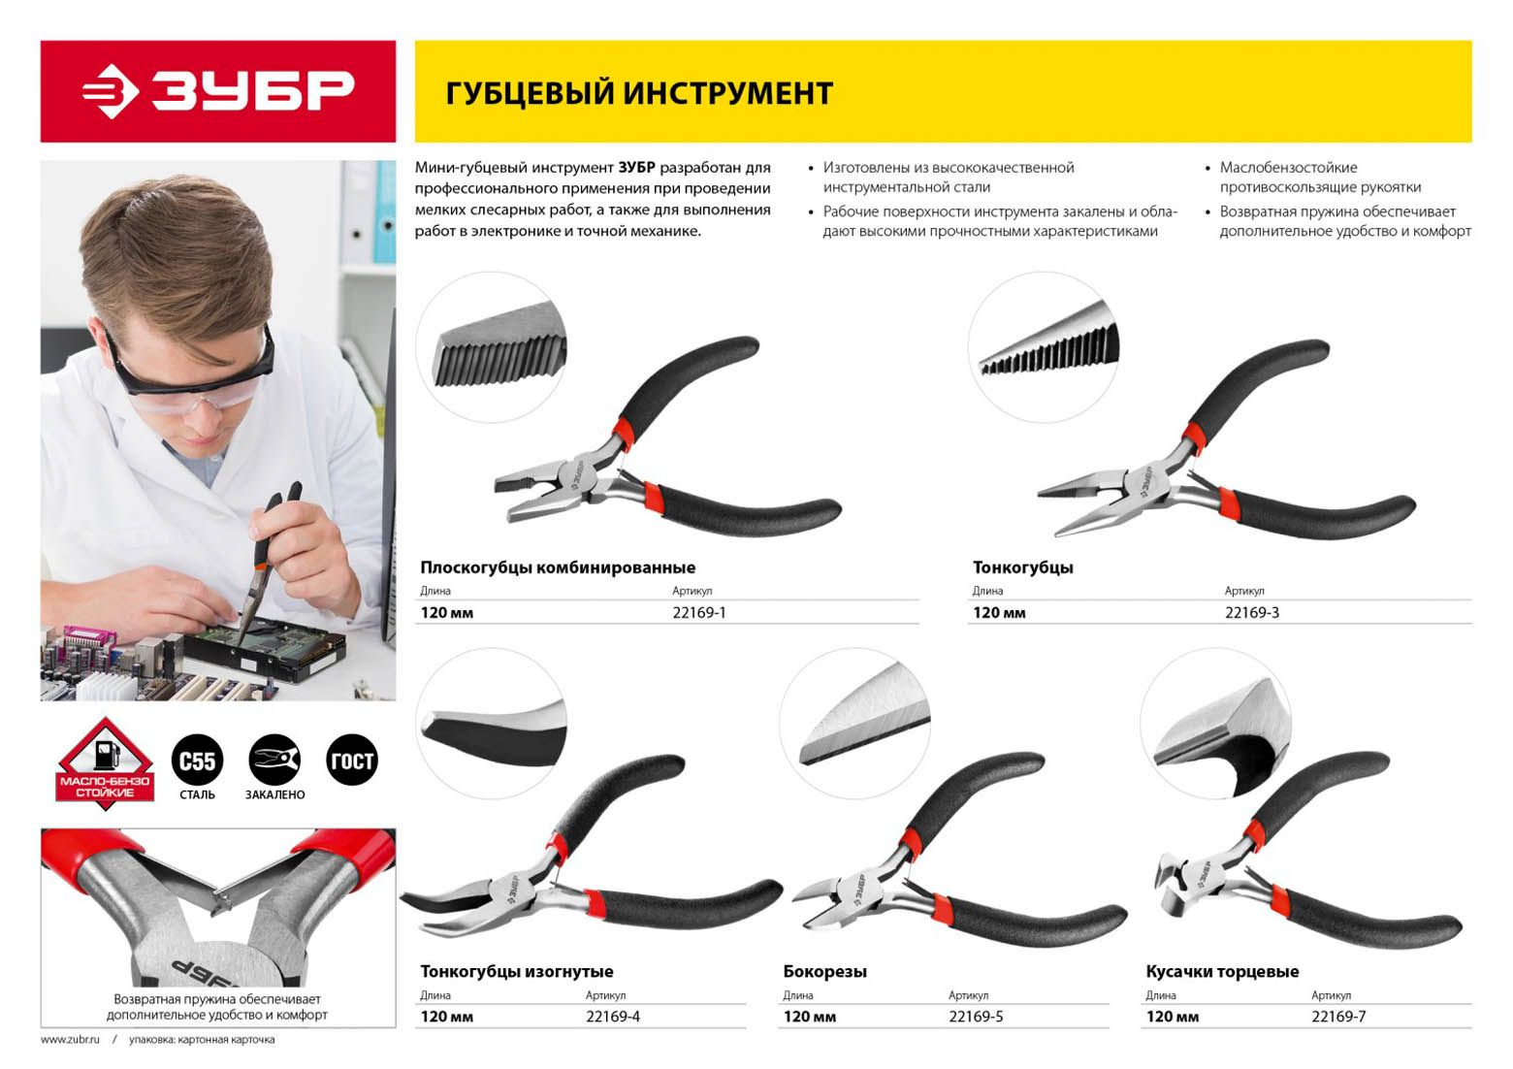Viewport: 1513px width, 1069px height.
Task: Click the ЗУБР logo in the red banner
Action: tap(217, 91)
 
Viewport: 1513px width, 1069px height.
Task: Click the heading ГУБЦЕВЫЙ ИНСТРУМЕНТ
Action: tap(639, 93)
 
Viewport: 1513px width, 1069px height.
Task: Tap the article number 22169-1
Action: tap(699, 613)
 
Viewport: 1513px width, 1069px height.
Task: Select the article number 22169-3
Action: tap(1251, 613)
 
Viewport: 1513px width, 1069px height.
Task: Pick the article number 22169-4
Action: tap(613, 1017)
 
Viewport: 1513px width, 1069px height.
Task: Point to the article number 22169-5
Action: tap(976, 1017)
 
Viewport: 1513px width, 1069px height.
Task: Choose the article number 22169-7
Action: tap(1338, 1017)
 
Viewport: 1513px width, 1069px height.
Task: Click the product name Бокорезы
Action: tap(824, 972)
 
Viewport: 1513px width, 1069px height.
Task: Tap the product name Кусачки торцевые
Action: tap(1222, 972)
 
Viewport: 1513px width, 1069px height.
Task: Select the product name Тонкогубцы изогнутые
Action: tap(517, 972)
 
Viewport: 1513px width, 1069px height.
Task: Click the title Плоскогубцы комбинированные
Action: tap(558, 567)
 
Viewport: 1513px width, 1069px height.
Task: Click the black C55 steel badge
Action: tap(197, 760)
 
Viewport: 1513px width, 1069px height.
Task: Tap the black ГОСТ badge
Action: tap(352, 760)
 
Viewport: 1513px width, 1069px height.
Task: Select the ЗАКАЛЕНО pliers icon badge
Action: tap(274, 760)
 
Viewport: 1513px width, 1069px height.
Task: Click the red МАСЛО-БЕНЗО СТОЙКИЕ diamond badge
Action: tap(105, 763)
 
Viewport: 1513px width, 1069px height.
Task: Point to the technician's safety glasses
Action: tap(192, 378)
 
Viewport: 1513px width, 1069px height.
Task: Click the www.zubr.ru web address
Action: tap(70, 1039)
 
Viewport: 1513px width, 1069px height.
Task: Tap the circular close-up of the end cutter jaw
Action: tap(1216, 723)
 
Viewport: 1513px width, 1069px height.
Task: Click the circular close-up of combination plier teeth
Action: tap(491, 347)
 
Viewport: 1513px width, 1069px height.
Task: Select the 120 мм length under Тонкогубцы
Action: tap(999, 613)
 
